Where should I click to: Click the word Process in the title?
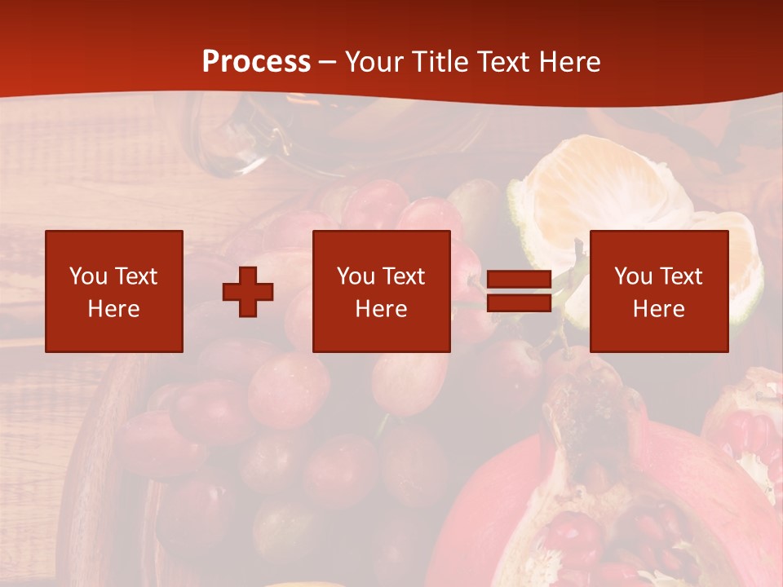pyautogui.click(x=256, y=62)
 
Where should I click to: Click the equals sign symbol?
pyautogui.click(x=519, y=291)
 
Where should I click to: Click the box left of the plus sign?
pyautogui.click(x=114, y=291)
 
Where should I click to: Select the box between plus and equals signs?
pyautogui.click(x=381, y=291)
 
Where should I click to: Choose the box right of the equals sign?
pyautogui.click(x=658, y=291)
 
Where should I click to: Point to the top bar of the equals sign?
pyautogui.click(x=519, y=280)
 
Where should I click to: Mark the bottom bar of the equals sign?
pyautogui.click(x=519, y=303)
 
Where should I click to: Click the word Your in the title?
pyautogui.click(x=374, y=62)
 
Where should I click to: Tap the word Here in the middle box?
pyautogui.click(x=381, y=309)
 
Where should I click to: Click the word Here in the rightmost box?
pyautogui.click(x=658, y=309)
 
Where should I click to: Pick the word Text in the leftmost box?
pyautogui.click(x=135, y=276)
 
